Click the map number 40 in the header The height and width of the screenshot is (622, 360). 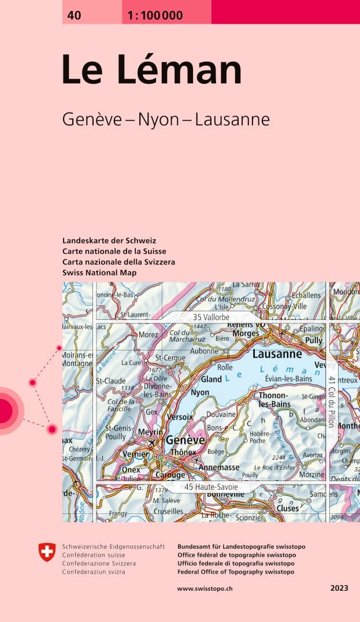click(x=74, y=16)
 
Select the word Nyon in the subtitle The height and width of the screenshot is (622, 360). click(x=159, y=120)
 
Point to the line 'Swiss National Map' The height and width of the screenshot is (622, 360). click(x=99, y=273)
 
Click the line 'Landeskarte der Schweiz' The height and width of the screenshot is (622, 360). click(x=109, y=240)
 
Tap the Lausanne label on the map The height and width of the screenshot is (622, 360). click(x=277, y=354)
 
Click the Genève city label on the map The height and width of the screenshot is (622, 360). click(x=185, y=440)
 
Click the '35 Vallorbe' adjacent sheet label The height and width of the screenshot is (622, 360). click(x=211, y=317)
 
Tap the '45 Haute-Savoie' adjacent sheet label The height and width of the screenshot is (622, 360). click(x=211, y=487)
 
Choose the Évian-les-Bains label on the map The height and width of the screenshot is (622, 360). click(x=288, y=378)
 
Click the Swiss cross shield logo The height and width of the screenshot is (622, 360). click(x=47, y=553)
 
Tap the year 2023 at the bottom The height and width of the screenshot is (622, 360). click(x=339, y=589)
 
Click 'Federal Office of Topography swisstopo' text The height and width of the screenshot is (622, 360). click(x=236, y=572)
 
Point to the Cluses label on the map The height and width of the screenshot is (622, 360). click(x=288, y=508)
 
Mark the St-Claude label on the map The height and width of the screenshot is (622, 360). click(x=110, y=381)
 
